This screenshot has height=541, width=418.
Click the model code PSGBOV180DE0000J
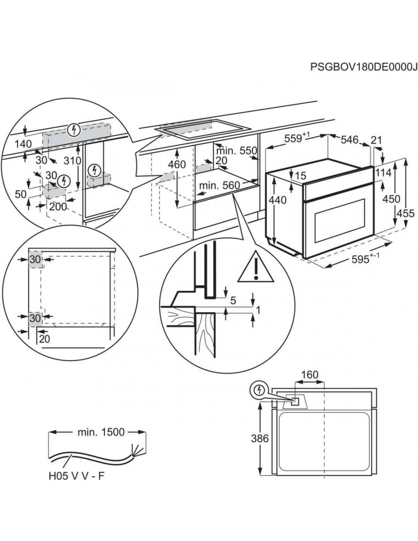(x=361, y=67)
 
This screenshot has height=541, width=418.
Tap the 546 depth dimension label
(x=349, y=140)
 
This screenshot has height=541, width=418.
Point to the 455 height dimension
(x=406, y=213)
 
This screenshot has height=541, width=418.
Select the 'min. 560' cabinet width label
(x=219, y=185)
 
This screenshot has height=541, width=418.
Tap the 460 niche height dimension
(x=177, y=164)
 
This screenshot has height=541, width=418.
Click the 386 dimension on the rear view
(x=260, y=438)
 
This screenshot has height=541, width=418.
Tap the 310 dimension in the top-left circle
(x=73, y=161)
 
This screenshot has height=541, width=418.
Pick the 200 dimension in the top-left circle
(x=58, y=207)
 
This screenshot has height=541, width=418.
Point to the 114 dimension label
(x=383, y=173)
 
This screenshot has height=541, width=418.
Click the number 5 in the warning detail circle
(x=233, y=300)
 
